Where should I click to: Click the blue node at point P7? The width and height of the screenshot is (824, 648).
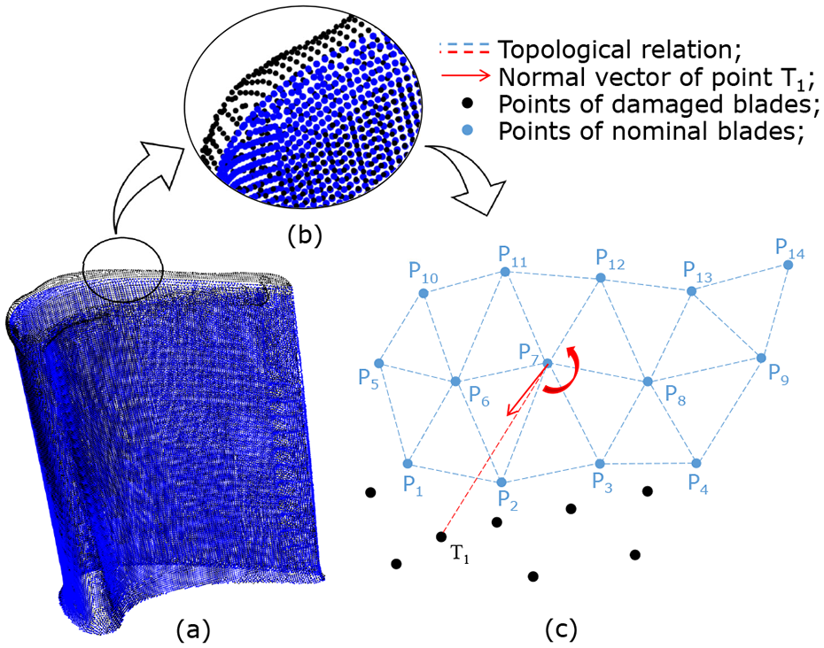pyautogui.click(x=547, y=362)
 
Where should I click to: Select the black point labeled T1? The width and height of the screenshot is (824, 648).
pyautogui.click(x=441, y=536)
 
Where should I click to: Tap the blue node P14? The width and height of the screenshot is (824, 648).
pyautogui.click(x=788, y=266)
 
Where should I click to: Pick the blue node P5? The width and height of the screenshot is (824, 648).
pyautogui.click(x=379, y=363)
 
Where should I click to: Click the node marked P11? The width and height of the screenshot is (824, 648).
pyautogui.click(x=505, y=272)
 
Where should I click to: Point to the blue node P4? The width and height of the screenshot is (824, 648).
pyautogui.click(x=696, y=463)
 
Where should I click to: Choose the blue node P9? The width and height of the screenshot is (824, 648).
pyautogui.click(x=761, y=359)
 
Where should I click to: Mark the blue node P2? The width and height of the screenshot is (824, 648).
pyautogui.click(x=501, y=482)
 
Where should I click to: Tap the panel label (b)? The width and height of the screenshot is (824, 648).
pyautogui.click(x=305, y=236)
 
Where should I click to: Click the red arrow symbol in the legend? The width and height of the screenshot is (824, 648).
pyautogui.click(x=465, y=77)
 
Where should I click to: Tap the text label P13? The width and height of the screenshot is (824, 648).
pyautogui.click(x=697, y=272)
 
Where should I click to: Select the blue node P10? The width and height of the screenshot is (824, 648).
pyautogui.click(x=424, y=294)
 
